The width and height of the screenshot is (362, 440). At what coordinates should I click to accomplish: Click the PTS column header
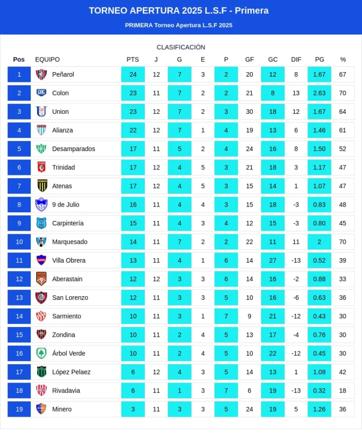coord(132,59)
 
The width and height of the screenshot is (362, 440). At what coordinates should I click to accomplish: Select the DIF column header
coord(296,59)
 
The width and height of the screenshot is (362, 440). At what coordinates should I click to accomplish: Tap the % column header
coord(343,59)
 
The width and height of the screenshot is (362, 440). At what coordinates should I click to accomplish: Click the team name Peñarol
coord(63,74)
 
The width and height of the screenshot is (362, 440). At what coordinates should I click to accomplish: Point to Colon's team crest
coord(42,93)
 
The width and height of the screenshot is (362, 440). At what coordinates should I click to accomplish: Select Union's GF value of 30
coord(249,112)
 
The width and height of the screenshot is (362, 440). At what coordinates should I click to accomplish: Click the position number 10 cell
coord(19,242)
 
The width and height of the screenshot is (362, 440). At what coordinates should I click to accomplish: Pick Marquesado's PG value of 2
coord(319,242)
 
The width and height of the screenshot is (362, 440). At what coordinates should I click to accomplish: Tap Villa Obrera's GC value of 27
coord(273,260)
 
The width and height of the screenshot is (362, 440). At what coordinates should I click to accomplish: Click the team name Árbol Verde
coord(69,353)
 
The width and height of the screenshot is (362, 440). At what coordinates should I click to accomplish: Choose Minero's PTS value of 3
coord(133,409)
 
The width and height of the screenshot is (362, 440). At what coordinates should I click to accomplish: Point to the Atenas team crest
coord(42,186)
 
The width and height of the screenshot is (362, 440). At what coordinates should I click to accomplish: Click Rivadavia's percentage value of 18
coord(343,390)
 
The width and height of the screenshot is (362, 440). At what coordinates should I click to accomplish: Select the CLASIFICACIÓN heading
coord(181,47)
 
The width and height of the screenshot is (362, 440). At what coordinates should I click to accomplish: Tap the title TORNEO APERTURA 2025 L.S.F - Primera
coord(179,11)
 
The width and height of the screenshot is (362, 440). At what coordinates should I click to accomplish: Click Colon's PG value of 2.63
coord(319,93)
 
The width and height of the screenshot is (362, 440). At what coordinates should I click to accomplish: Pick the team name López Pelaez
coord(71,372)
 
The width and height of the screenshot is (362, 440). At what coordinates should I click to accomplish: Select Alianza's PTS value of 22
coord(133,130)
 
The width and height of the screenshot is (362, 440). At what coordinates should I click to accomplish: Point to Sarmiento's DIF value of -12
coord(296,316)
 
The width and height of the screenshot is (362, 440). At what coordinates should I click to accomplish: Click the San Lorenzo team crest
coord(42,298)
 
